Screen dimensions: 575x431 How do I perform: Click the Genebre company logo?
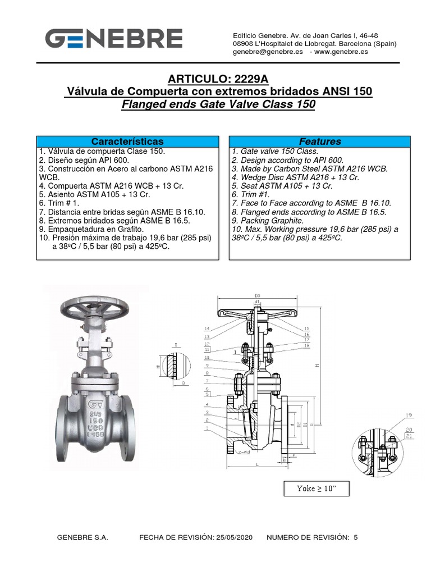(113, 39)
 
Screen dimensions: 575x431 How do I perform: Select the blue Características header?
(127, 142)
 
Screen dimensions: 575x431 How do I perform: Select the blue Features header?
(320, 142)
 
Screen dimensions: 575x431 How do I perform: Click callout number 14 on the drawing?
(207, 328)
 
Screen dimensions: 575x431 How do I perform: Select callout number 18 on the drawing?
(307, 346)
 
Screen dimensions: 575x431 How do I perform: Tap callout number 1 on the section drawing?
(207, 428)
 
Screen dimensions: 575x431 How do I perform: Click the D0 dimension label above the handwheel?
(258, 295)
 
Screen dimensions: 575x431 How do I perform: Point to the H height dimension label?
(317, 366)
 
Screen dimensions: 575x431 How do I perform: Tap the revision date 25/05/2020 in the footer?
(233, 537)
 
